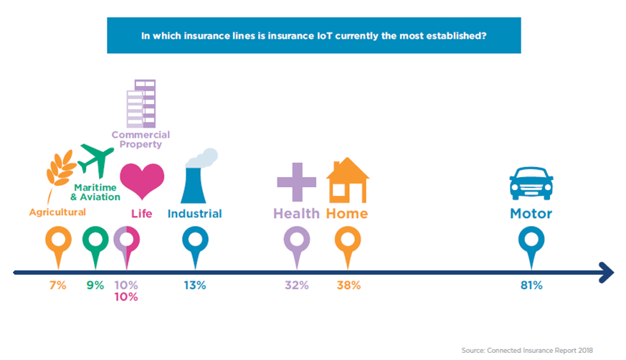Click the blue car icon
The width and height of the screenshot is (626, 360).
point(531,183)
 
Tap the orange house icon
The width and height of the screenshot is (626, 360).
point(347,180)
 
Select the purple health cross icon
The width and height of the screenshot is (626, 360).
point(297,182)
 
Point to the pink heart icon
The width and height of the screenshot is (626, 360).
point(142,181)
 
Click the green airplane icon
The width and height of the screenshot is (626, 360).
point(95,161)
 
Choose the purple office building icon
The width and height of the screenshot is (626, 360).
point(141,104)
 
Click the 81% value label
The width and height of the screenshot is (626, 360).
point(531,285)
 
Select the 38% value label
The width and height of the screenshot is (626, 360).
point(348,285)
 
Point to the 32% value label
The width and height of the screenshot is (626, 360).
point(297,285)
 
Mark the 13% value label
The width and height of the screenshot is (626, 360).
point(195,285)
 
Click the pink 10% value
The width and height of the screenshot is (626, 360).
point(126,297)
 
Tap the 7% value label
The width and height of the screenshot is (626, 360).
point(58,285)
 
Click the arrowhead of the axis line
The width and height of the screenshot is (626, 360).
point(607,273)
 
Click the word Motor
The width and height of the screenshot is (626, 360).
point(531,214)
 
